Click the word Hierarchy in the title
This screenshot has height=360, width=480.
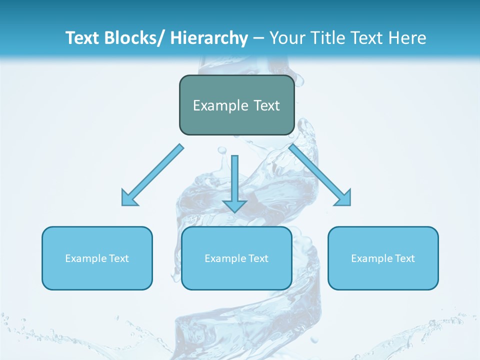(208, 38)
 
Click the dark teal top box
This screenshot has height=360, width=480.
(236, 105)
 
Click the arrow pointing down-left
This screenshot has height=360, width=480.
(152, 175)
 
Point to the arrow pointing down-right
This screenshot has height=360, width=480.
(320, 175)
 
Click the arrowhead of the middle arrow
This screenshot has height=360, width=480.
(234, 205)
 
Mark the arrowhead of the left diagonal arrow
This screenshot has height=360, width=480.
(128, 199)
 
